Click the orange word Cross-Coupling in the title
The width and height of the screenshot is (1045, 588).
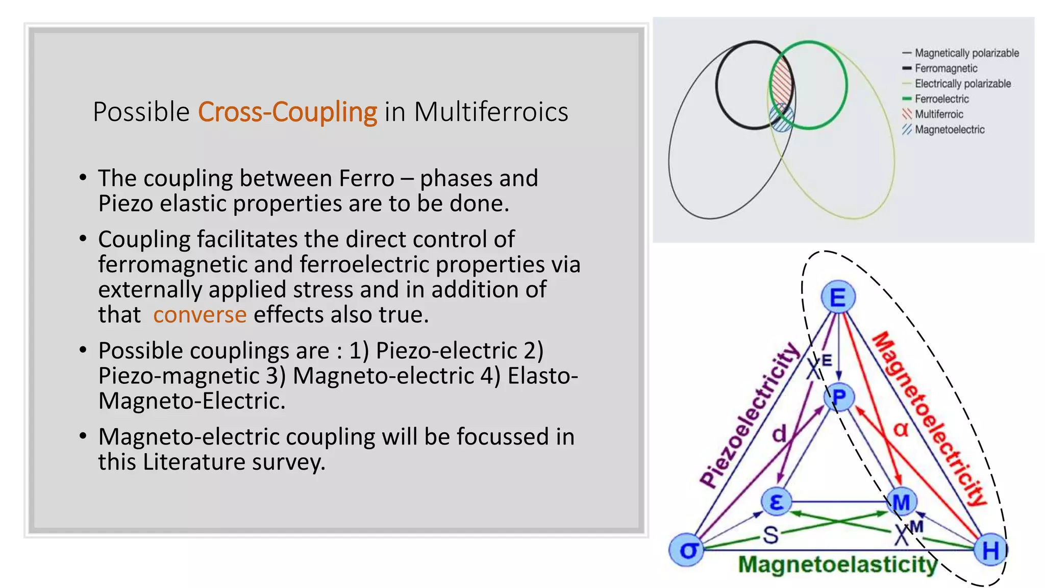point(287,112)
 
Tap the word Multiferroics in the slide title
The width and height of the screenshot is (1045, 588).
point(491,112)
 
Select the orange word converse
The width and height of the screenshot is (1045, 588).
point(200,315)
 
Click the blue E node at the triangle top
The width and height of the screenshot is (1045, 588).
point(838,297)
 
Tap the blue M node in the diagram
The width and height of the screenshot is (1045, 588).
point(901,502)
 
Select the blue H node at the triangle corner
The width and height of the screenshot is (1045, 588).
point(990,550)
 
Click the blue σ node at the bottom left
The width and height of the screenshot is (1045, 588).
point(687,550)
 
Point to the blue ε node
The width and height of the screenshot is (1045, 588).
point(776,502)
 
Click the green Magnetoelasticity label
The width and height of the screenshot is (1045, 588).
point(838,565)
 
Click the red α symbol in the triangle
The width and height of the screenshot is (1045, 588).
point(901,429)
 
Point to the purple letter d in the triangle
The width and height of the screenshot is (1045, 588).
point(779,433)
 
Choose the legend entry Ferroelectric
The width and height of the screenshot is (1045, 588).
point(941,99)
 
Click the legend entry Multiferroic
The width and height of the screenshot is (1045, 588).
point(939,114)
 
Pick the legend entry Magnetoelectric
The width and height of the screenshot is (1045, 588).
point(949,130)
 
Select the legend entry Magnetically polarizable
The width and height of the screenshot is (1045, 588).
point(966,53)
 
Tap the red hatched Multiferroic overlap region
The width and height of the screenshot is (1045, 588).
point(781,83)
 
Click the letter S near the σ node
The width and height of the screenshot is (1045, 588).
point(770,534)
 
